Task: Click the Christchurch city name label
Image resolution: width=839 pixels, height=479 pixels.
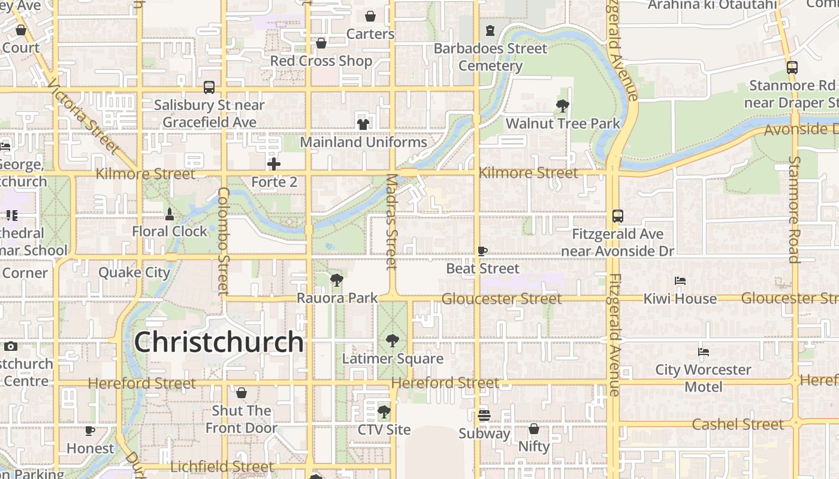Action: (x=219, y=342)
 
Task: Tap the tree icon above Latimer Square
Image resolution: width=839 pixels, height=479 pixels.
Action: (x=393, y=341)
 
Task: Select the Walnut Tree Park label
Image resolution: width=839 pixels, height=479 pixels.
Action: (x=563, y=124)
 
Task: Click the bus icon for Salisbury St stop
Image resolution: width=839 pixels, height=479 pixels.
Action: (x=209, y=87)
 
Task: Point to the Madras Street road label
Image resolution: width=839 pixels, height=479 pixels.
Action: (x=392, y=222)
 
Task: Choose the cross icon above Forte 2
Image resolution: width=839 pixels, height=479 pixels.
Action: (x=274, y=163)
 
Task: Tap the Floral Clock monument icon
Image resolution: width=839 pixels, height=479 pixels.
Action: (x=170, y=214)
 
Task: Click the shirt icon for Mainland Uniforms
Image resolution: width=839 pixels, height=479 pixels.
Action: (x=363, y=124)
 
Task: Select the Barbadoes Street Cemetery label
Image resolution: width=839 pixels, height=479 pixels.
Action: (x=491, y=57)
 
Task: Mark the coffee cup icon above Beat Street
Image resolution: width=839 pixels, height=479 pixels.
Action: (x=482, y=251)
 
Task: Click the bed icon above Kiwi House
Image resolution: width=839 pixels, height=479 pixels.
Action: (x=680, y=281)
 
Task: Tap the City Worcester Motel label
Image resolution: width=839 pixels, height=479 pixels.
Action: (x=704, y=378)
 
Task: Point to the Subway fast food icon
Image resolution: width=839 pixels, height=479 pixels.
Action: (x=484, y=415)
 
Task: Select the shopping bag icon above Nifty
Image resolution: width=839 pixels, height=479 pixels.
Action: (x=534, y=429)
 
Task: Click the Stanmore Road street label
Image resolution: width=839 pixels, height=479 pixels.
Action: (x=795, y=210)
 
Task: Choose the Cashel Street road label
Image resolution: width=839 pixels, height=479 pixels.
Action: (x=738, y=425)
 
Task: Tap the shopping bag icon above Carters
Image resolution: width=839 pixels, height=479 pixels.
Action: (x=370, y=16)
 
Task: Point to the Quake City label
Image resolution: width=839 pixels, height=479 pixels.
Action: (x=134, y=272)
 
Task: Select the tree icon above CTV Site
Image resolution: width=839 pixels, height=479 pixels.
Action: (x=384, y=412)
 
